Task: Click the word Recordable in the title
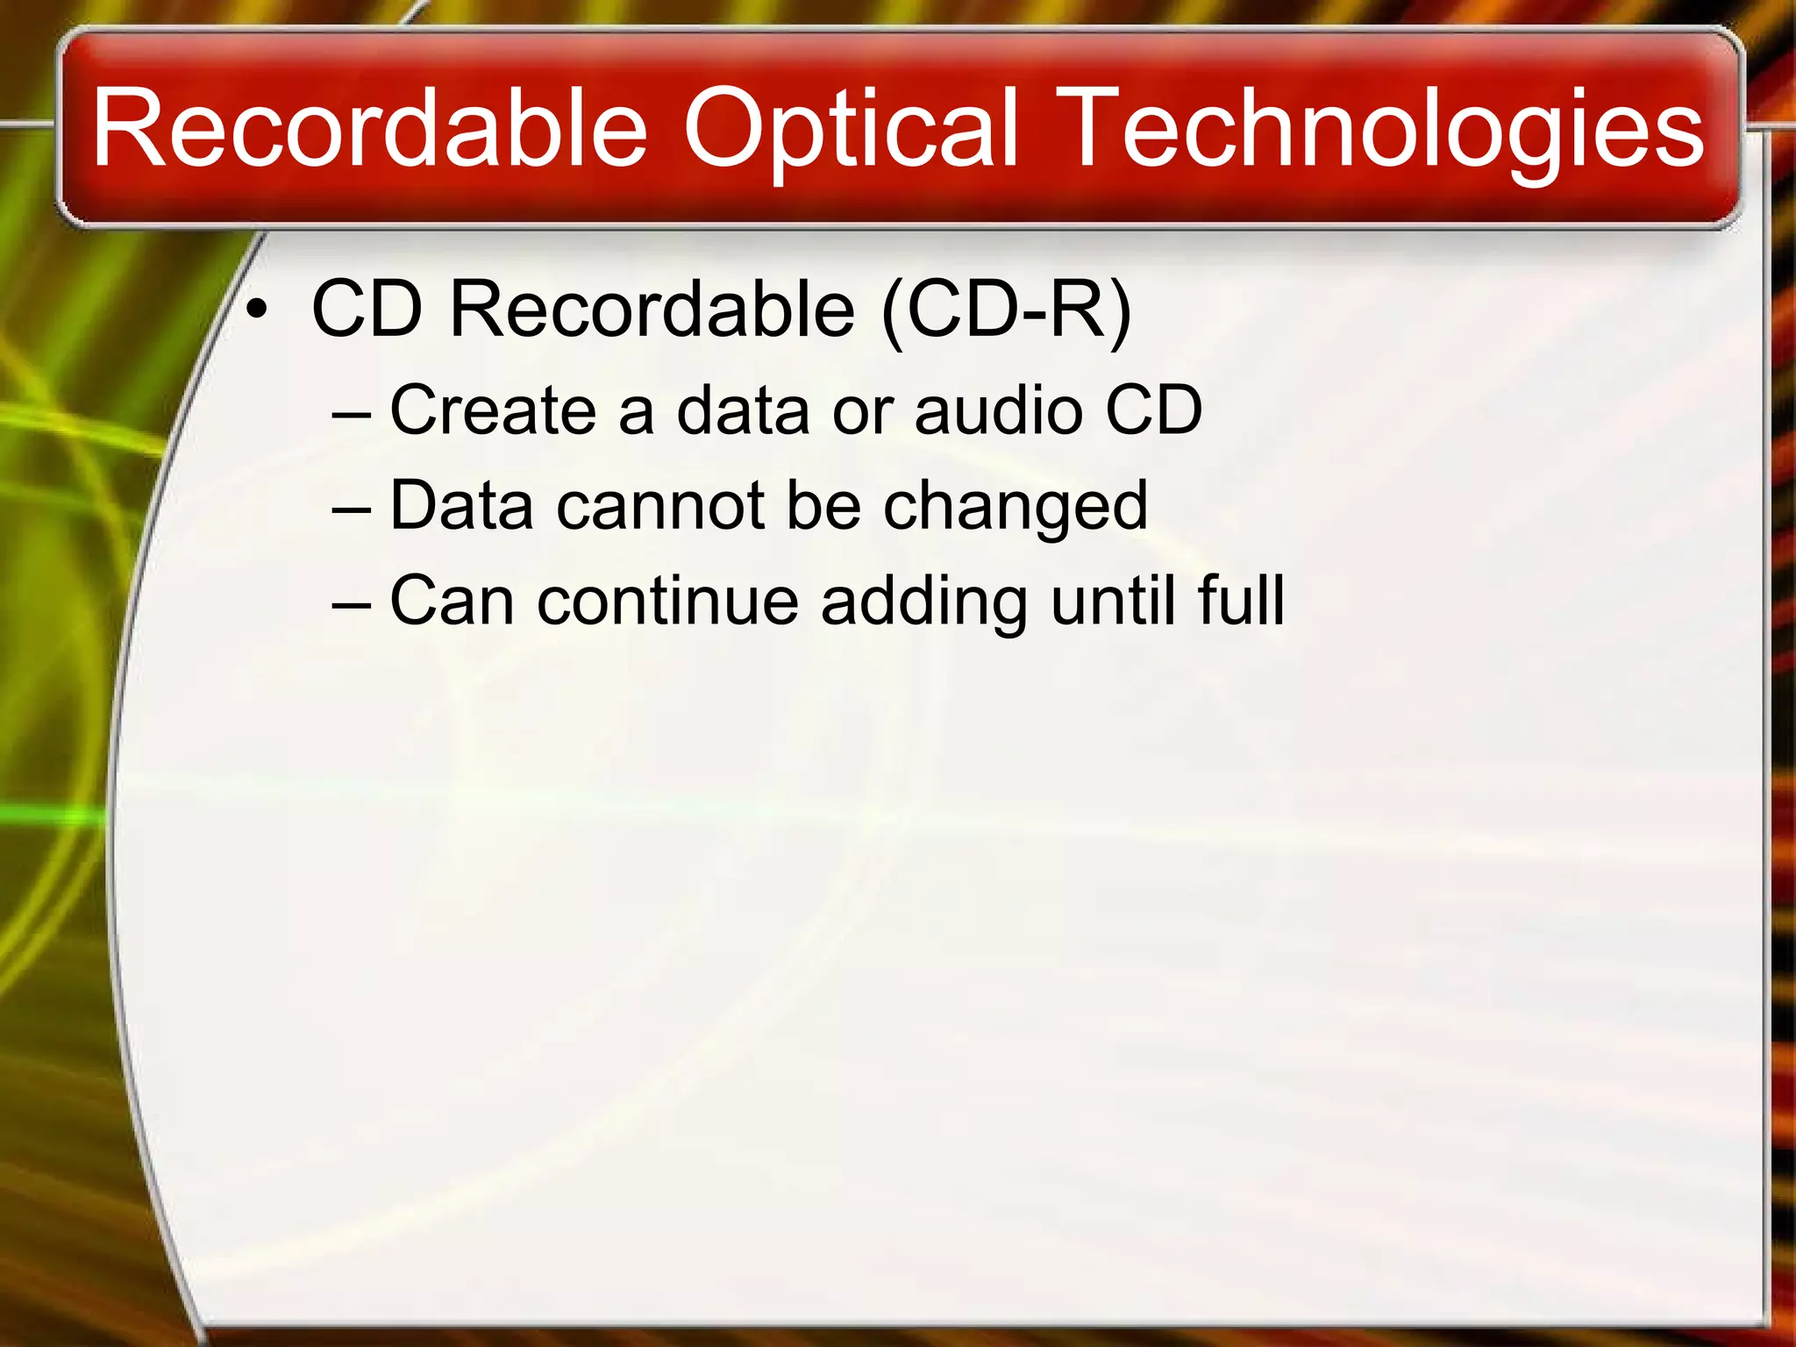click(x=368, y=130)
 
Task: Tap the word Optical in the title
click(x=851, y=130)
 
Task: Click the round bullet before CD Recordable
click(x=256, y=310)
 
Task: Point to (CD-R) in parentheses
click(x=1007, y=310)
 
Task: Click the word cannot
click(x=660, y=506)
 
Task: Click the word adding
click(x=923, y=602)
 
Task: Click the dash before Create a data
click(x=353, y=413)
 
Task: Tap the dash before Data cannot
click(x=353, y=510)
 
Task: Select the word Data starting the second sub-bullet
click(x=461, y=506)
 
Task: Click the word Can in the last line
click(x=452, y=602)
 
